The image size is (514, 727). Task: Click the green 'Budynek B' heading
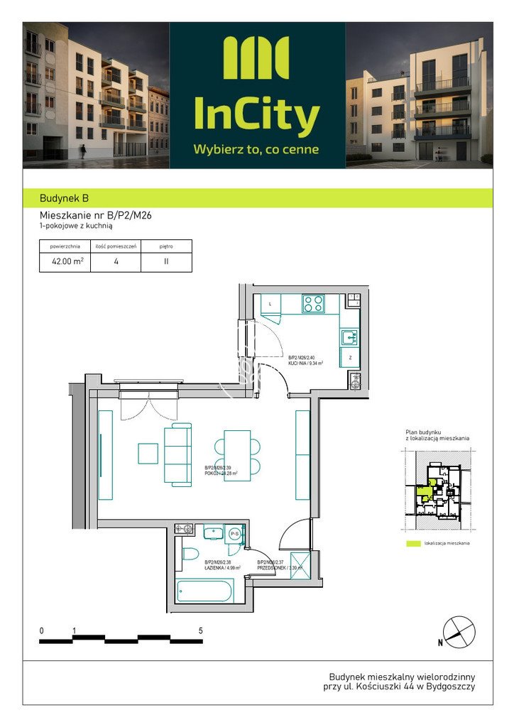[x=65, y=199]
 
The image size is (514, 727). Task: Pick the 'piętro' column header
[x=166, y=247]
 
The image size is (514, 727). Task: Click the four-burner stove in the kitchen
[x=313, y=304]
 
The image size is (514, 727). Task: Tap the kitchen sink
[x=349, y=337]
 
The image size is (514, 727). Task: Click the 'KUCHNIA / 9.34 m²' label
[x=306, y=363]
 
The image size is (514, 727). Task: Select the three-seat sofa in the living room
[x=178, y=454]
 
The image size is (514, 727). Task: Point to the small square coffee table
[x=148, y=453]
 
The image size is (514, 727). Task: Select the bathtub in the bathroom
[x=204, y=591]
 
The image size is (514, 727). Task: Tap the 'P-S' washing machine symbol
[x=233, y=535]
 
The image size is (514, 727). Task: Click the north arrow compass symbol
[x=457, y=631]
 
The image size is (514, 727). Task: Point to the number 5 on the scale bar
[x=201, y=630]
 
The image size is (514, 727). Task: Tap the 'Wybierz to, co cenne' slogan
[x=256, y=150]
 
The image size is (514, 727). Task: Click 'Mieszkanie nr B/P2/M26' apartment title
[x=94, y=216]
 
